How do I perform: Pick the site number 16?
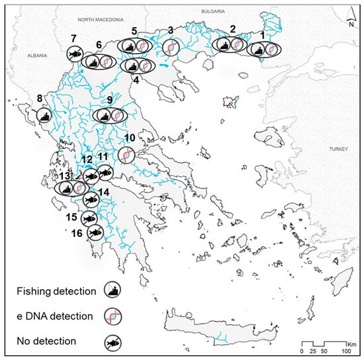tap(77, 233)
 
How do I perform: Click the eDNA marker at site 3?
tap(171, 47)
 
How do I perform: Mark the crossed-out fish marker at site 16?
tap(95, 231)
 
